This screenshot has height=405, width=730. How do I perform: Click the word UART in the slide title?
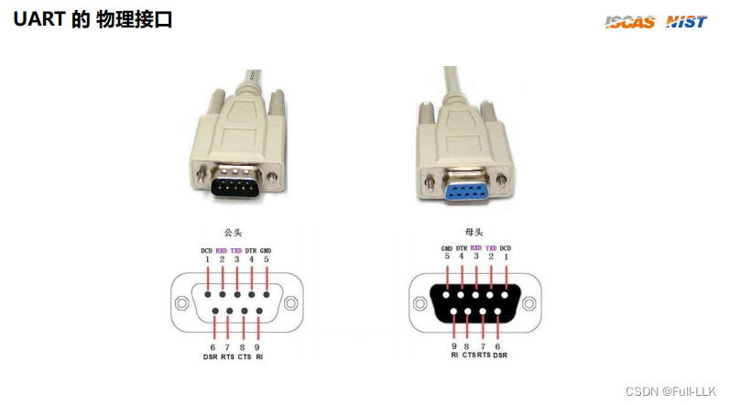[38, 19]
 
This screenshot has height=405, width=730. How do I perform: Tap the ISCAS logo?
[630, 21]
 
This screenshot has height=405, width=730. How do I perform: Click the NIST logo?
[686, 21]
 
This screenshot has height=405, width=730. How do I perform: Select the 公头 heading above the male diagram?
[234, 233]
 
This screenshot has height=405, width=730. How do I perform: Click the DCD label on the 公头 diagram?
[207, 250]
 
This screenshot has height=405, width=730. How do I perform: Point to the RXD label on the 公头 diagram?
[222, 250]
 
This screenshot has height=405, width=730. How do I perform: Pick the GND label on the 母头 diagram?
[447, 249]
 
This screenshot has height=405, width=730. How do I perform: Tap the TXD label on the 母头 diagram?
[490, 249]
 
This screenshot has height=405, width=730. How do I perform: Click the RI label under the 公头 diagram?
[260, 357]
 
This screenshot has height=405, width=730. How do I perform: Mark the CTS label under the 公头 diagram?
[245, 357]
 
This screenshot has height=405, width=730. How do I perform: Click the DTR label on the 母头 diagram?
[462, 249]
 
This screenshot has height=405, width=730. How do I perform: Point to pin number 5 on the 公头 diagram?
[266, 259]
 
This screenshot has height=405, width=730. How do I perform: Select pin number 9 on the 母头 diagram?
[454, 347]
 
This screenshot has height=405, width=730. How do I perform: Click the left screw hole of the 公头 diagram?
[180, 303]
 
